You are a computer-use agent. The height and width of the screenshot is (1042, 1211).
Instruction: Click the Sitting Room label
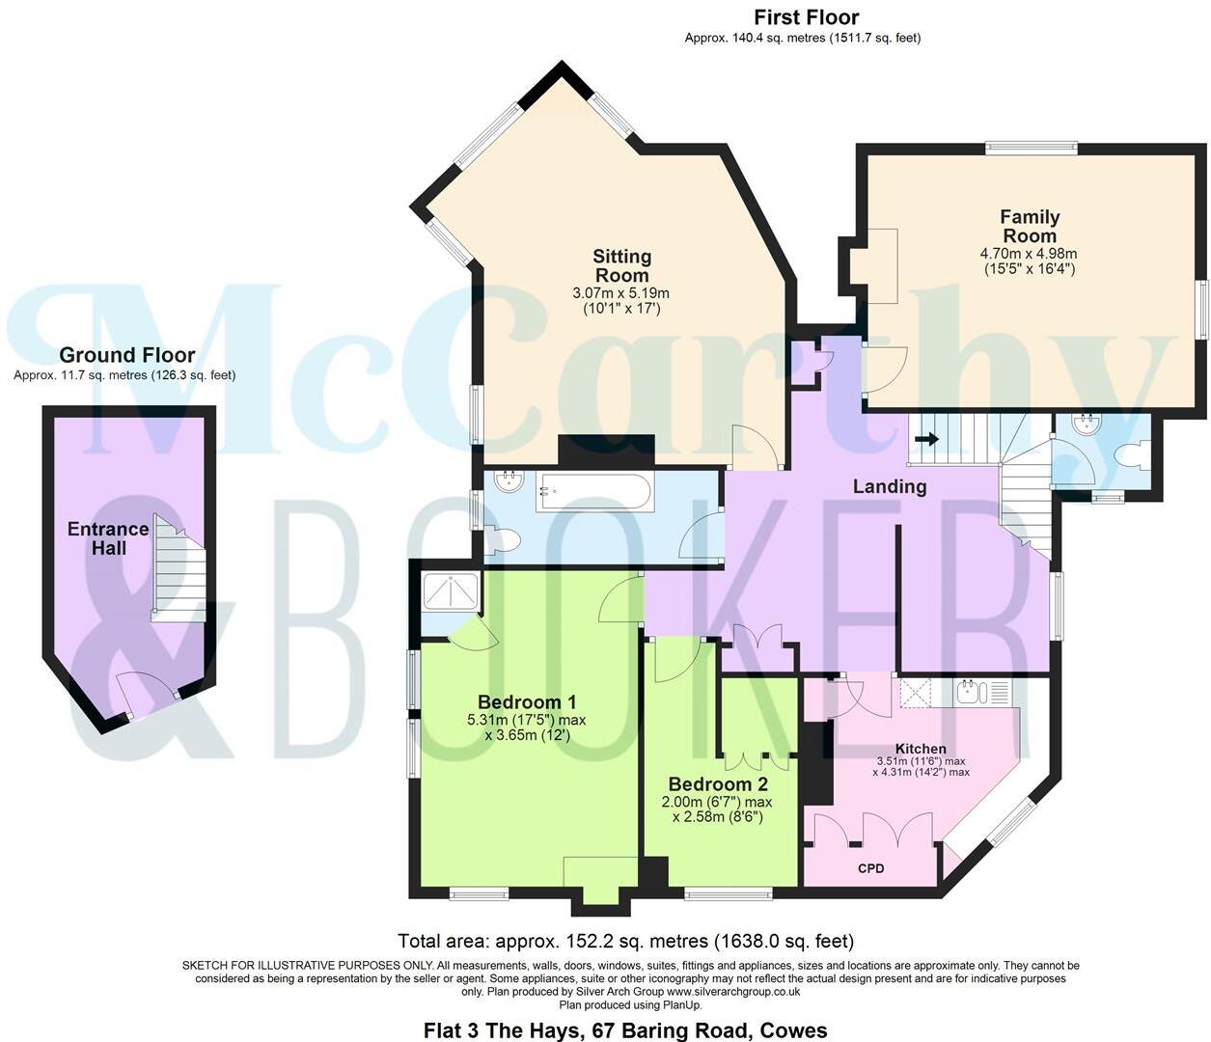[x=621, y=265]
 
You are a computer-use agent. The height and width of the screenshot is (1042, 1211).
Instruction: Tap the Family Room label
[x=1029, y=227]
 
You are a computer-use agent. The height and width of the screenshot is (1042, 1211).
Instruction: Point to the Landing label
[x=889, y=486]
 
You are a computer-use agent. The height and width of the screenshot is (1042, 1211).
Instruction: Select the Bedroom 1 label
[x=527, y=701]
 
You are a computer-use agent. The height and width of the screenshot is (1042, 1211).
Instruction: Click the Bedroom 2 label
[x=717, y=784]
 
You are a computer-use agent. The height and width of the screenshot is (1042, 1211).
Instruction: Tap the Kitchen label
[x=921, y=749]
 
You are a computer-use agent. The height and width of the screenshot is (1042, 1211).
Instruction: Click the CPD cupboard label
[x=870, y=868]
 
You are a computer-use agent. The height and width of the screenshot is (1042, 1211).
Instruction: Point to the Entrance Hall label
[x=108, y=538]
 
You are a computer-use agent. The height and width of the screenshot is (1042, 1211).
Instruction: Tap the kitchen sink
[x=970, y=692]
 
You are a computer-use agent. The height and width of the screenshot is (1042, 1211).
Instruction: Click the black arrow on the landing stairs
[x=925, y=440]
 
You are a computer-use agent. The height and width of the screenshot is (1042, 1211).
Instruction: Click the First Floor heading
[x=806, y=17]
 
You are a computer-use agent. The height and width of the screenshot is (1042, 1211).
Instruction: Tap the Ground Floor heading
[x=126, y=356]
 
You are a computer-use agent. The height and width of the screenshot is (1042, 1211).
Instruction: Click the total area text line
[x=625, y=941]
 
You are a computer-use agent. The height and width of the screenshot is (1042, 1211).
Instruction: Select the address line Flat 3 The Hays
[x=625, y=1029]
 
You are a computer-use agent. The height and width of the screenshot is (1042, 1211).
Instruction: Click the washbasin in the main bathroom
[x=507, y=482]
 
